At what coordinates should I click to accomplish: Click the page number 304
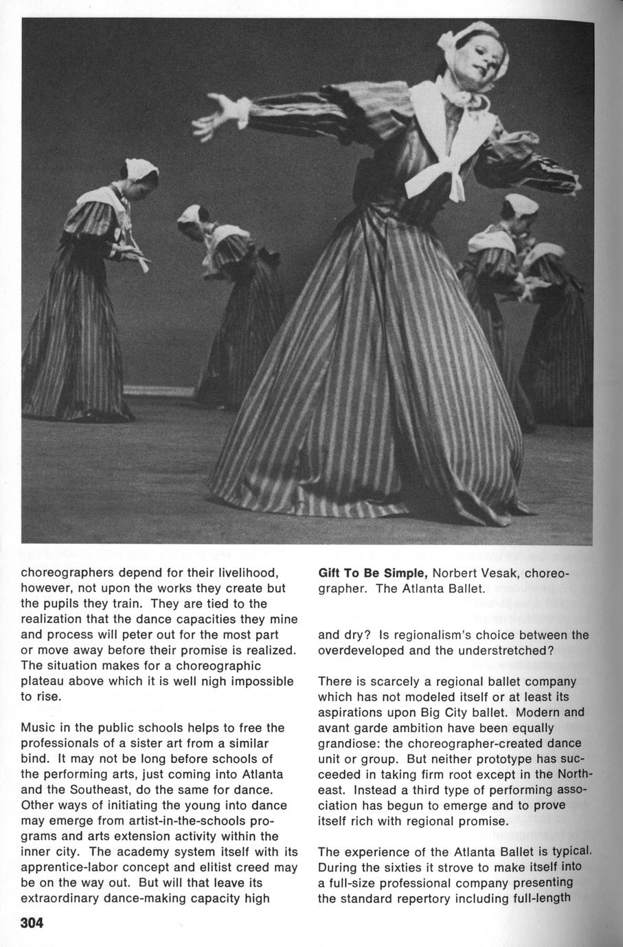(x=32, y=923)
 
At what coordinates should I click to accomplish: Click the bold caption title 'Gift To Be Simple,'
(x=373, y=573)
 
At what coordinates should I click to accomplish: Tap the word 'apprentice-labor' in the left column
(x=63, y=867)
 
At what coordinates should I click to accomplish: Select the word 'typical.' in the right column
(x=569, y=852)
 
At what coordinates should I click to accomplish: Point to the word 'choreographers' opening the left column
(x=63, y=573)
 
